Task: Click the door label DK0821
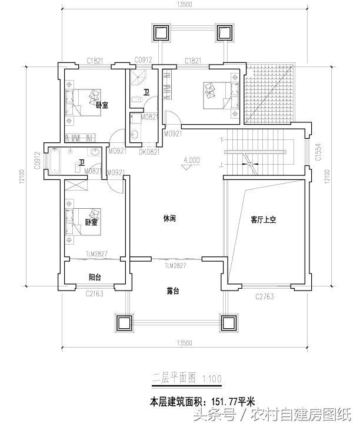coord(149,151)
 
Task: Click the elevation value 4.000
coord(192,159)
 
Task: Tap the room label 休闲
coord(170,218)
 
